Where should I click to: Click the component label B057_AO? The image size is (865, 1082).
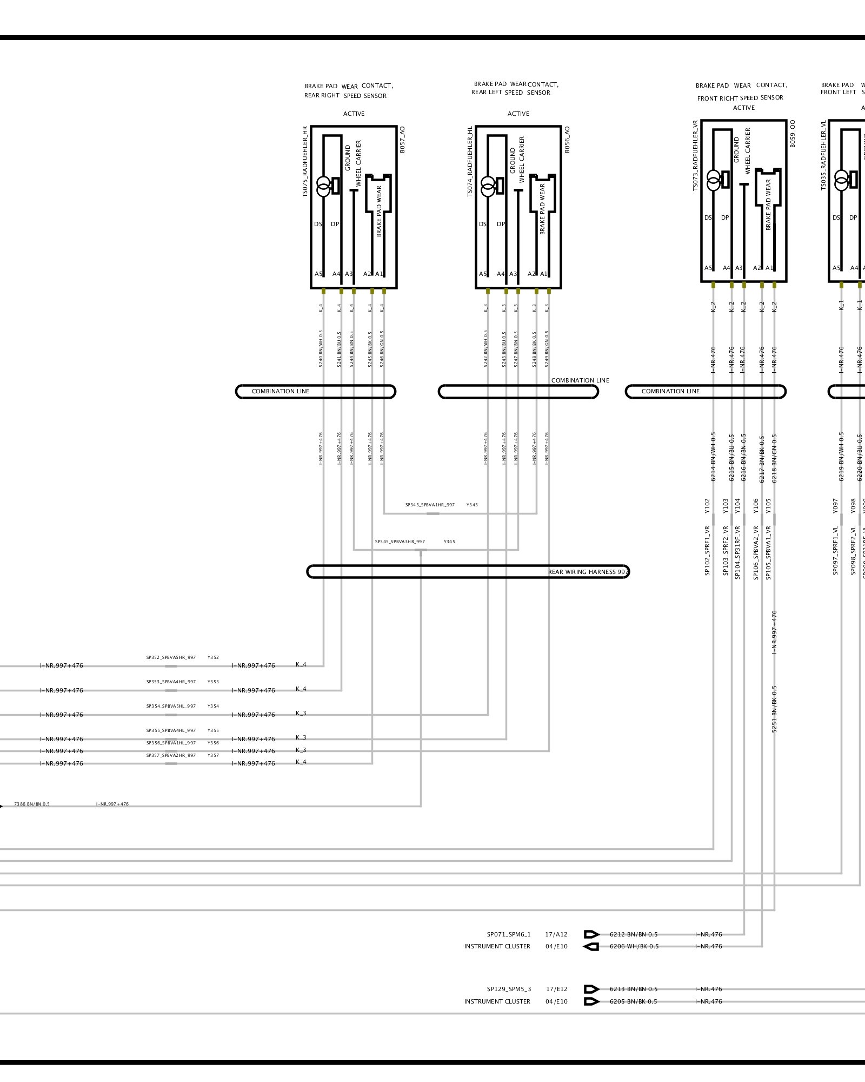tap(402, 140)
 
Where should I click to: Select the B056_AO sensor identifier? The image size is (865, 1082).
tap(567, 140)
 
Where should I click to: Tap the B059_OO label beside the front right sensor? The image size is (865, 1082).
tap(793, 134)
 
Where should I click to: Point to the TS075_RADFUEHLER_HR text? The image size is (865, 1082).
tap(305, 162)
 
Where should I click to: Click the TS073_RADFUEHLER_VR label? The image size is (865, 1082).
tap(695, 155)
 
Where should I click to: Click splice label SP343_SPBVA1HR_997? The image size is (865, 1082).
tap(430, 505)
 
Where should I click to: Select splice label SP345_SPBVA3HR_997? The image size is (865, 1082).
tap(400, 542)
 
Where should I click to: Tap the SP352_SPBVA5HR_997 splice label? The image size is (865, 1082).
tap(171, 657)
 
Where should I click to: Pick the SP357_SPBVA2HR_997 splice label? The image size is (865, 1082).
tap(171, 755)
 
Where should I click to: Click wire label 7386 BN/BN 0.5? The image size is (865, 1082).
tap(32, 804)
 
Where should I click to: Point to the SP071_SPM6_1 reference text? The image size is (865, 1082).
tap(509, 934)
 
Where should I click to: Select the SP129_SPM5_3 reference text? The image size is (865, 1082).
tap(509, 989)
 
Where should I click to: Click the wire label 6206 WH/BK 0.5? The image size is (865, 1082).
tap(634, 946)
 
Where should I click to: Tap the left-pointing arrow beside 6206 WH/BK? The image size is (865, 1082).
tap(591, 947)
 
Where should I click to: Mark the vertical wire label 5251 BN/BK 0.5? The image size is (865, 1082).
tap(774, 709)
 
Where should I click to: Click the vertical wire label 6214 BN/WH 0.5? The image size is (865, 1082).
tap(713, 457)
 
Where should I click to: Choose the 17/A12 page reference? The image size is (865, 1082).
tap(556, 934)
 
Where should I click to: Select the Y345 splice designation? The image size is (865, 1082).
tap(449, 542)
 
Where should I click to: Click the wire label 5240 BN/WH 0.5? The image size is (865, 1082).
tap(321, 349)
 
